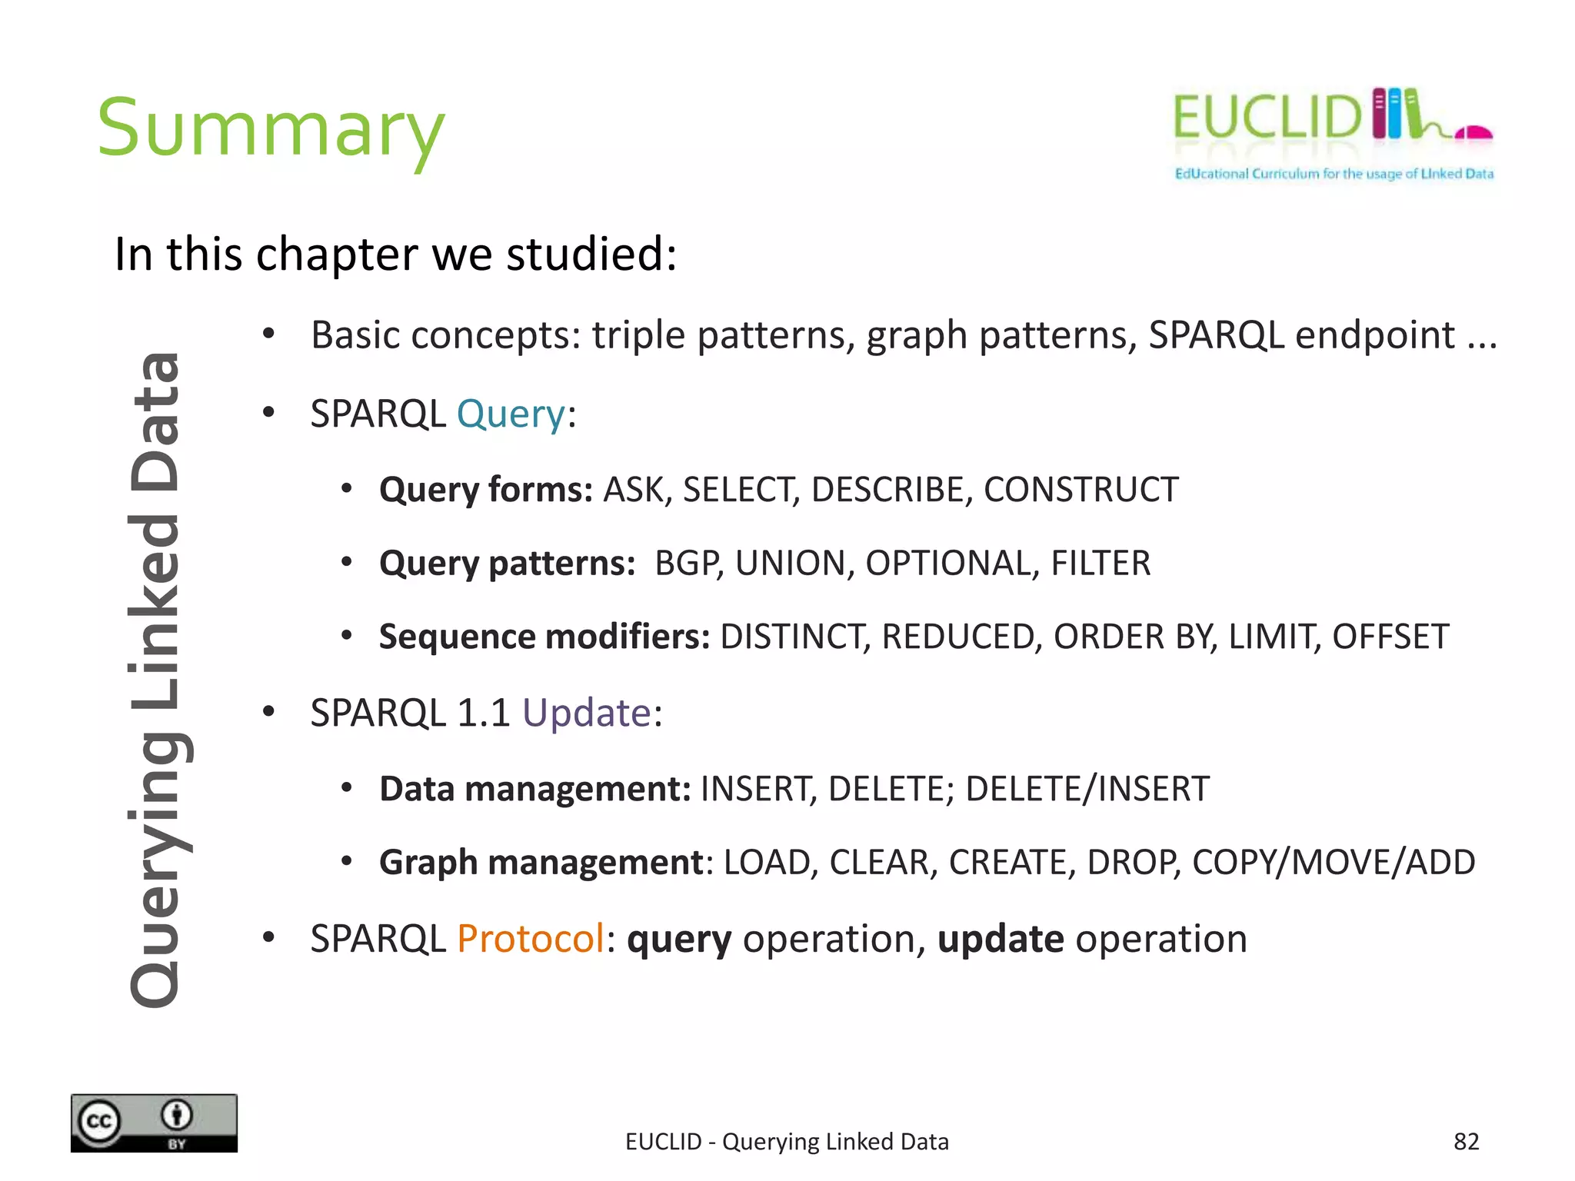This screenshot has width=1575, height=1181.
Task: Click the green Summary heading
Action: tap(271, 129)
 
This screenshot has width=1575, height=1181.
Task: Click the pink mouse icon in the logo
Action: tap(1473, 133)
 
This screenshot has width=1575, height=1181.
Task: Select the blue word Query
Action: tap(511, 414)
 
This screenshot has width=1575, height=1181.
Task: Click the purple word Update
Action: tap(587, 713)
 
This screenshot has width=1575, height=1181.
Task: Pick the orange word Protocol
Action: tap(531, 939)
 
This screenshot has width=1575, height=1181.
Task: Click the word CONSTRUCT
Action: tap(1081, 490)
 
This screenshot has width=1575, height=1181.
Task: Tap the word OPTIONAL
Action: tap(947, 564)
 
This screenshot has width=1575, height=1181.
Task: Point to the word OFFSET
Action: tap(1390, 637)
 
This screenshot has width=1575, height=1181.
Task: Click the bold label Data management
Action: tap(535, 789)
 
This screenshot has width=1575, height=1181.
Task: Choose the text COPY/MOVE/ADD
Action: tap(1333, 863)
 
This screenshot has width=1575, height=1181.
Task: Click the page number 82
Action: tap(1466, 1141)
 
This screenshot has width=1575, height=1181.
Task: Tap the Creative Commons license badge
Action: tap(154, 1123)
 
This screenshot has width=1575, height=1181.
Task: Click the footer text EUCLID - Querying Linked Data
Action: tap(787, 1142)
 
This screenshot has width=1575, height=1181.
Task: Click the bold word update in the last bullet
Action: tap(1000, 939)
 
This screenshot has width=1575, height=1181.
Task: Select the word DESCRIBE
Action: tap(887, 490)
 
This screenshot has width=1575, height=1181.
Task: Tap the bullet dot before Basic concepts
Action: tap(268, 334)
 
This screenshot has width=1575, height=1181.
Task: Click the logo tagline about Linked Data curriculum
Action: tap(1334, 174)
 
